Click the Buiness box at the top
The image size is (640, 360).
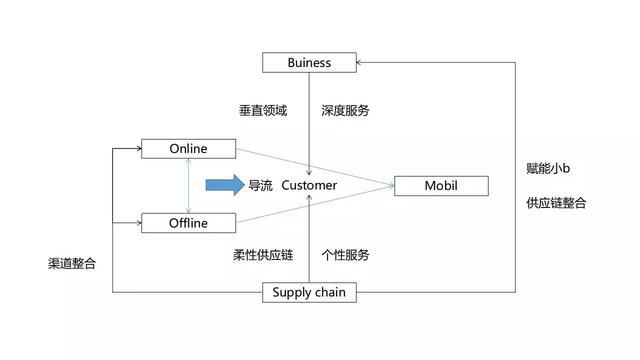[x=309, y=63]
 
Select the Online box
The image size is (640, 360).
[x=188, y=149]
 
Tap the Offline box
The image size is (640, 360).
[x=188, y=221]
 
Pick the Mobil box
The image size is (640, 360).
[x=441, y=186]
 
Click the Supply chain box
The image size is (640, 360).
[x=309, y=293]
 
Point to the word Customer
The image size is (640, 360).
[x=309, y=186]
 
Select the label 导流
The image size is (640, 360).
[x=260, y=186]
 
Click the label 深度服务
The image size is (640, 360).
[x=345, y=111]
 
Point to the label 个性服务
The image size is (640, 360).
[x=345, y=255]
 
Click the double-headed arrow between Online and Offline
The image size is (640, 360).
[x=188, y=185]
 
